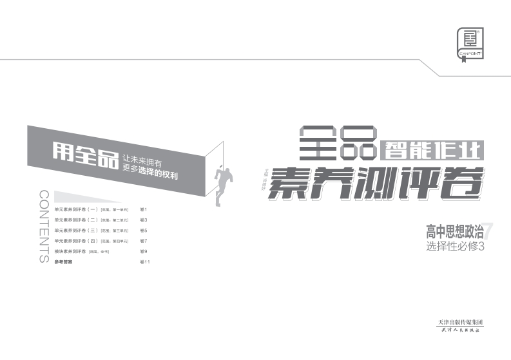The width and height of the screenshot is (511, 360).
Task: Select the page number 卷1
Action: pos(144,210)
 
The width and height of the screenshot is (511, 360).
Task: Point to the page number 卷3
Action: pos(144,220)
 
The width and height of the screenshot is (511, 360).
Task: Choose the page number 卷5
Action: pos(144,231)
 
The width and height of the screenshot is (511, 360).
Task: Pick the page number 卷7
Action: pos(144,241)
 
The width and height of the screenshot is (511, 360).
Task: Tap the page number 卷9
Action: pos(144,251)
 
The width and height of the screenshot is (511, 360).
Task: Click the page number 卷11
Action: pos(145,262)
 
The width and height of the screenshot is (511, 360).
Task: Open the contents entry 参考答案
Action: pos(64,262)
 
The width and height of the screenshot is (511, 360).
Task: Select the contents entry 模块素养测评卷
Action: pos(70,251)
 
